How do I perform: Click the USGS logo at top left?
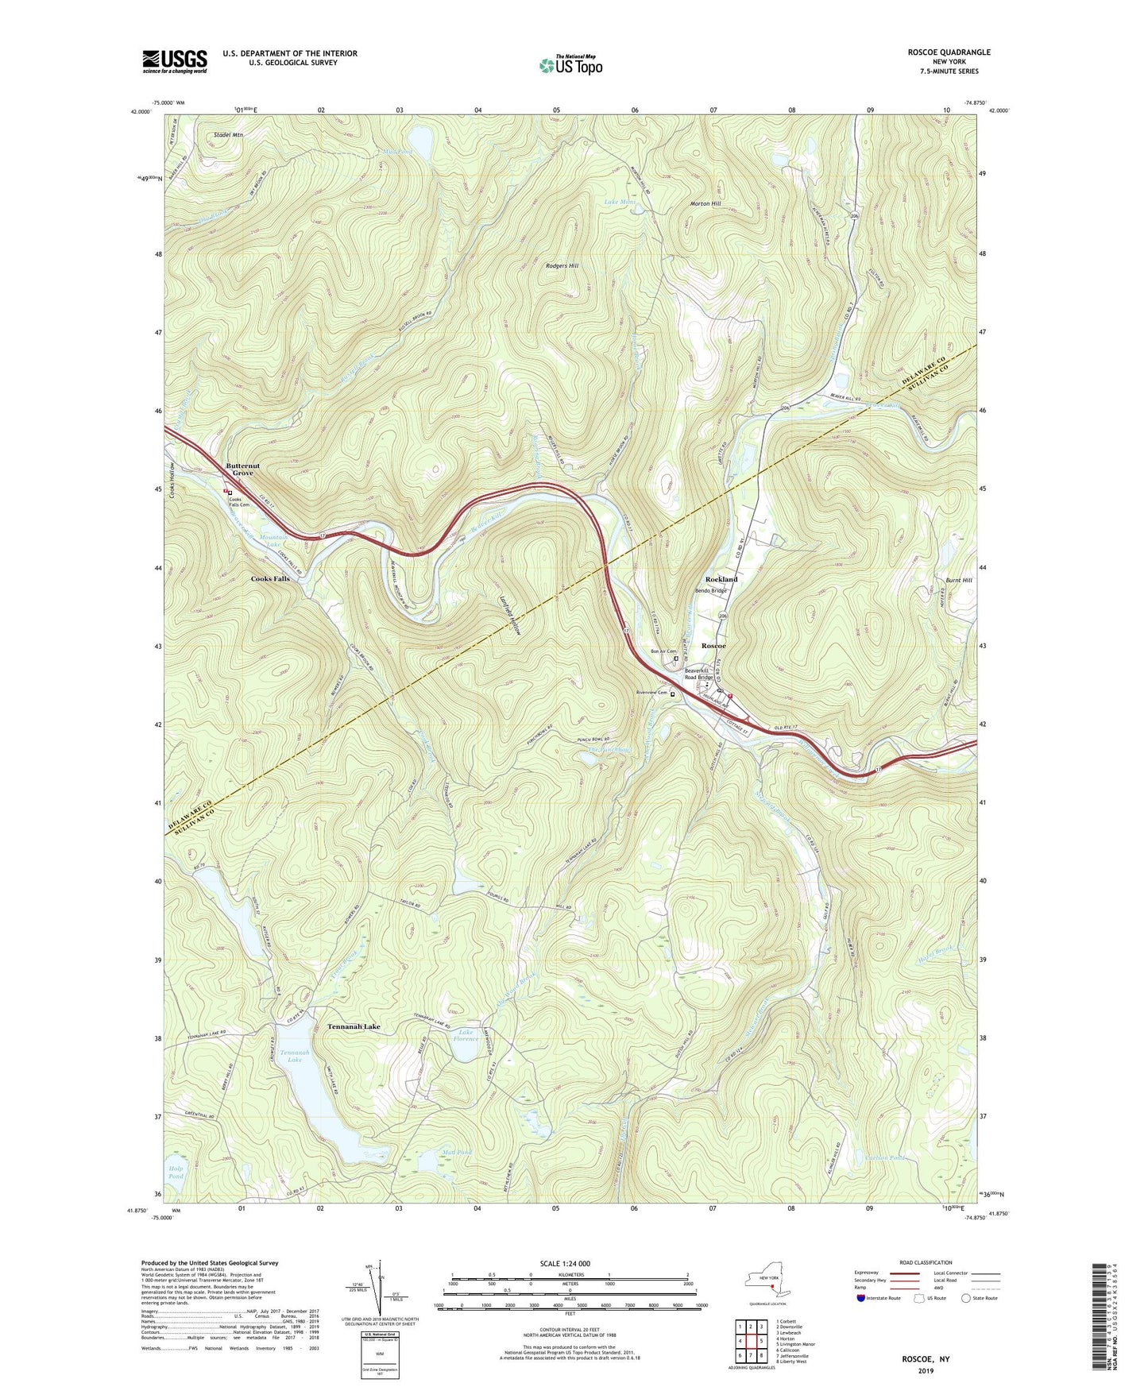click(x=175, y=61)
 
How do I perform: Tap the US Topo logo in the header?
click(x=570, y=65)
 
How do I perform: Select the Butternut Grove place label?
click(x=242, y=469)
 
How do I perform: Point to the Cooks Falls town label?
click(x=270, y=579)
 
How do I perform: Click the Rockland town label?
click(x=721, y=579)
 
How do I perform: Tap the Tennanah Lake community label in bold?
click(x=354, y=1026)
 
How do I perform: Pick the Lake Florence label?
click(x=466, y=1035)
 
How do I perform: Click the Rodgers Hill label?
click(x=562, y=265)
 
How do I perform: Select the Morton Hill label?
click(x=705, y=203)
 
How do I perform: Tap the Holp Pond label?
click(x=176, y=1172)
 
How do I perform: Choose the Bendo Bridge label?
click(x=710, y=590)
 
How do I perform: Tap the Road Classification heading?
click(x=925, y=1262)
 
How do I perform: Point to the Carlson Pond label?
click(x=883, y=1158)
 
